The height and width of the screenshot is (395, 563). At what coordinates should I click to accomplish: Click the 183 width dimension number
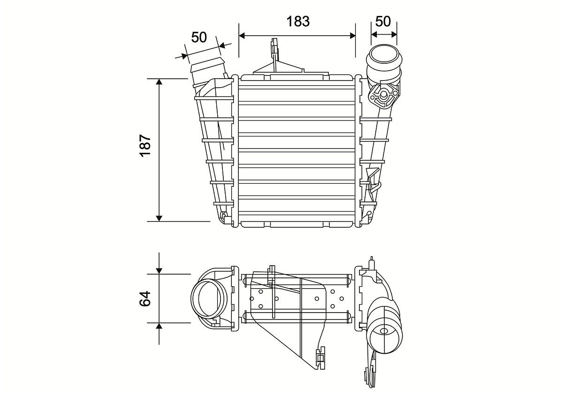(x=298, y=21)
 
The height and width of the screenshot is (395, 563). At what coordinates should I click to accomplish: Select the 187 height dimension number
(x=145, y=146)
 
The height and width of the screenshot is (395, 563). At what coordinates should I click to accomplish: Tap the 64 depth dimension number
(x=145, y=298)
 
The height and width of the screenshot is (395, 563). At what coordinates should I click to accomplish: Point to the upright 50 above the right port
(x=383, y=21)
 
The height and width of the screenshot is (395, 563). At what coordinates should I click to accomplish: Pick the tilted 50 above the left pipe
(x=199, y=37)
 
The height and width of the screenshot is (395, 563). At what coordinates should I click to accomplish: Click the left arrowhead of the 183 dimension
(x=243, y=35)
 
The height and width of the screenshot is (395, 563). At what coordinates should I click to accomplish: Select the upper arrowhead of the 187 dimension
(x=159, y=82)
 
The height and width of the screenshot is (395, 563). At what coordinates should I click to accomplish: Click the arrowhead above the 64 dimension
(x=159, y=270)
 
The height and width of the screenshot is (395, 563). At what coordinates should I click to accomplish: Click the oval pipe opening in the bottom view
(x=208, y=298)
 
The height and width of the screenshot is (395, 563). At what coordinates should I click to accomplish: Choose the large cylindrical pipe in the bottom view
(x=385, y=328)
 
